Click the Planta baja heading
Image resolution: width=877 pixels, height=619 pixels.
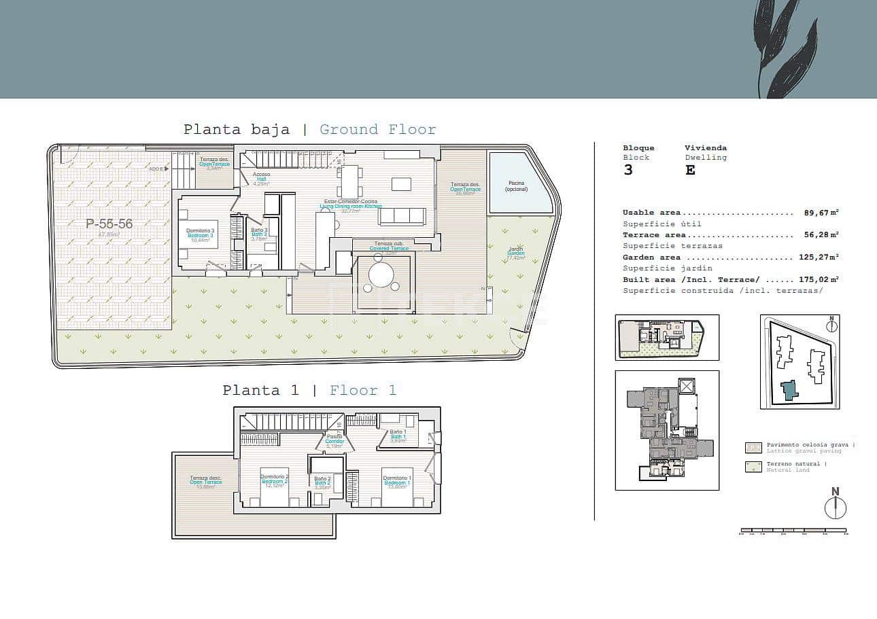pyautogui.click(x=236, y=129)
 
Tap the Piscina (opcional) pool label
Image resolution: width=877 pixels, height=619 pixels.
pyautogui.click(x=520, y=185)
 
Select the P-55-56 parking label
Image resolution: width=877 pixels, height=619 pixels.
pyautogui.click(x=109, y=224)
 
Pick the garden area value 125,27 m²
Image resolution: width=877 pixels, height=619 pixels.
pyautogui.click(x=819, y=258)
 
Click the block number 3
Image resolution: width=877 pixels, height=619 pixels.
pyautogui.click(x=628, y=170)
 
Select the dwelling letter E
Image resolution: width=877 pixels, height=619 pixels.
pyautogui.click(x=690, y=170)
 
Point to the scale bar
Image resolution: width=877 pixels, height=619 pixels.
pyautogui.click(x=793, y=530)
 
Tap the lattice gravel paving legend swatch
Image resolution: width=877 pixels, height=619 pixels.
pyautogui.click(x=753, y=447)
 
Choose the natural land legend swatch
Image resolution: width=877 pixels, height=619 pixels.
pyautogui.click(x=753, y=467)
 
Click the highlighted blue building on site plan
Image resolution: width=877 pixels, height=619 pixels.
pyautogui.click(x=789, y=391)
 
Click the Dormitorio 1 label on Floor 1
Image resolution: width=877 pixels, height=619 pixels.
pyautogui.click(x=396, y=480)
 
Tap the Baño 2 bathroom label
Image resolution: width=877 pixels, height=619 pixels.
pyautogui.click(x=322, y=481)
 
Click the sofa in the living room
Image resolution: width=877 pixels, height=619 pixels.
pyautogui.click(x=402, y=216)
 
